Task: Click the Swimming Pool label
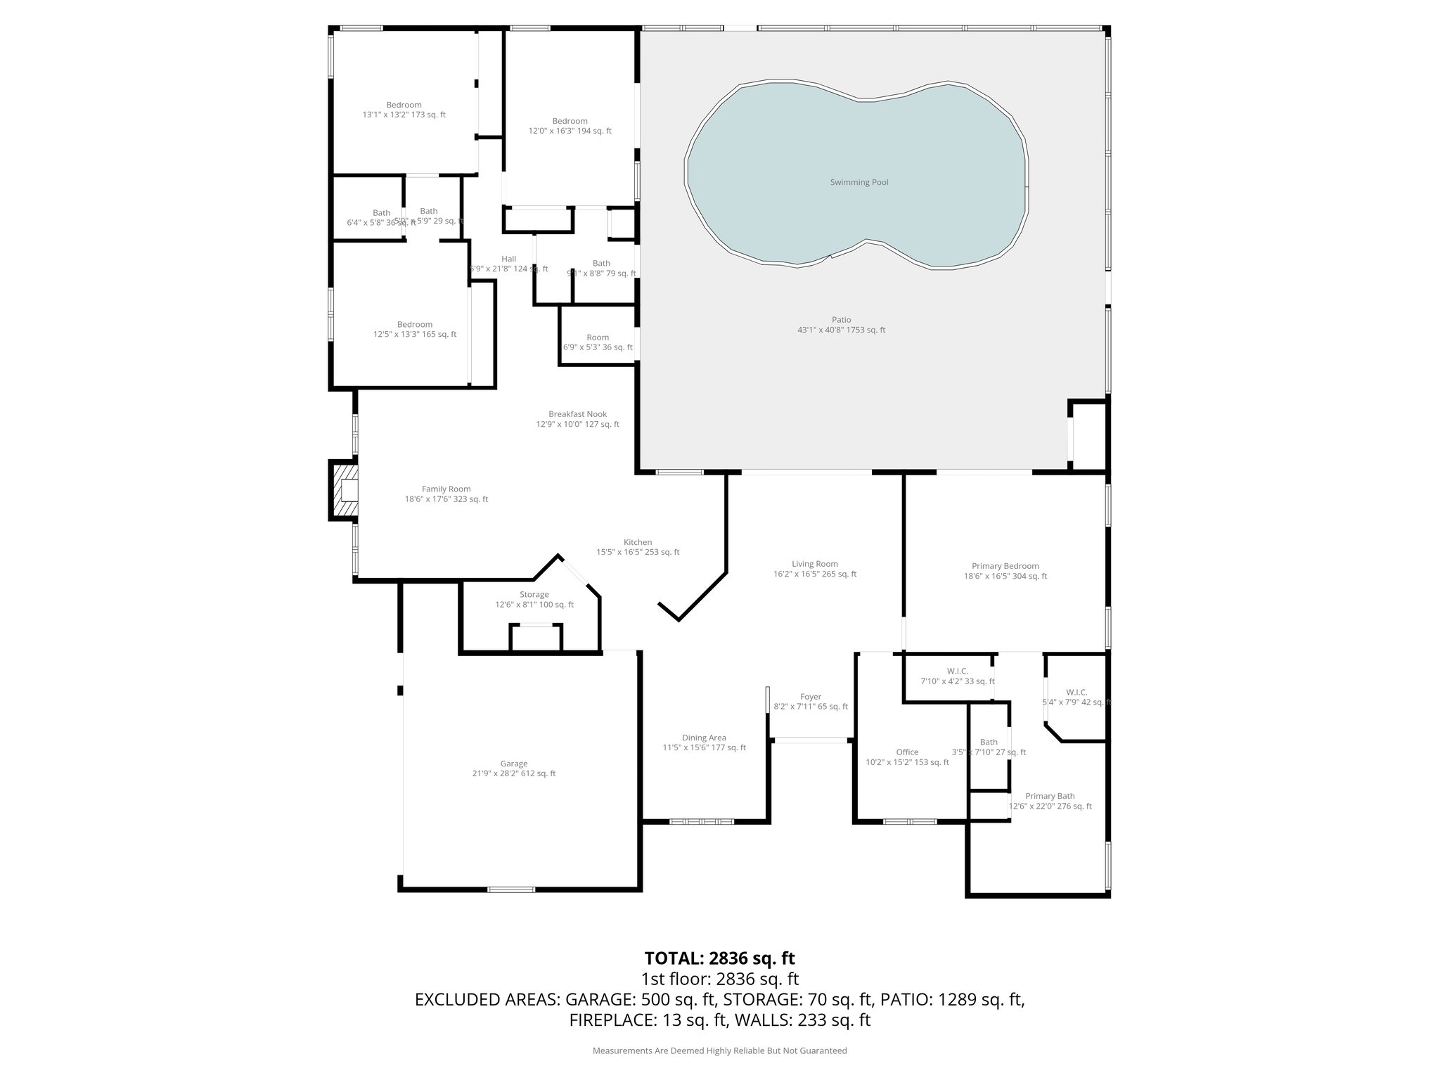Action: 859,182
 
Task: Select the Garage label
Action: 514,764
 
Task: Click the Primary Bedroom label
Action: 1005,566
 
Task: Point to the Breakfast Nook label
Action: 577,414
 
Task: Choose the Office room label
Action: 907,752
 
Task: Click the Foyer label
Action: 811,697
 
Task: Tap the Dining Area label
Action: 704,738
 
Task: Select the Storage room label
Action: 534,594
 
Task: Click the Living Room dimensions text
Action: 815,574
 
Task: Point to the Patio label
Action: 841,320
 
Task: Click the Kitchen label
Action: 638,542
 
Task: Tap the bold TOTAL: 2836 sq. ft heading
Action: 719,958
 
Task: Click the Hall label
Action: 508,259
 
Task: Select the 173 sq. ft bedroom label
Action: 404,105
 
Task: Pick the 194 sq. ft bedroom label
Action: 570,121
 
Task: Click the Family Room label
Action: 446,489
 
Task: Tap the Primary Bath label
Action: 1050,796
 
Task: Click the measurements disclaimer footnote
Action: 719,1050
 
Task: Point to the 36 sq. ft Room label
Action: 598,337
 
